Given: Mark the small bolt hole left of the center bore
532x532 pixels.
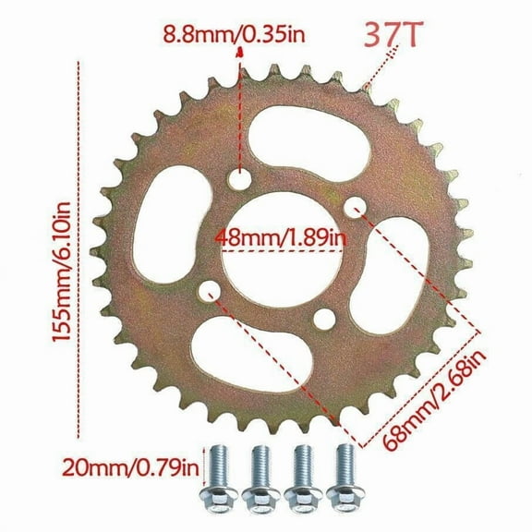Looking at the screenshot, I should click(x=213, y=294).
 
